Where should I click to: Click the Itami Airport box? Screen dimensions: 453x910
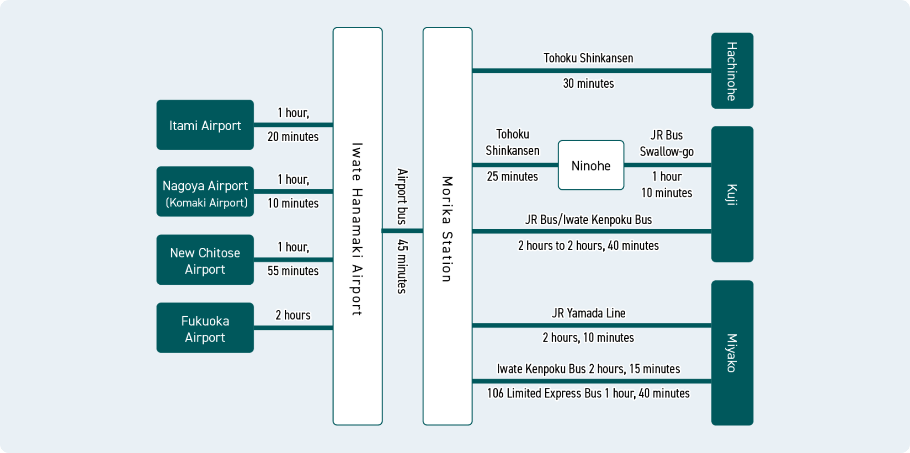tap(205, 125)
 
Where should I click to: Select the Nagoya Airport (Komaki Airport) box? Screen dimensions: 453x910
tap(205, 191)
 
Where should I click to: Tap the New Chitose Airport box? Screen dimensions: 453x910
tap(205, 260)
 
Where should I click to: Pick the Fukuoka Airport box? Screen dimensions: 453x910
tap(205, 328)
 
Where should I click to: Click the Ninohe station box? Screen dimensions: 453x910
tap(591, 166)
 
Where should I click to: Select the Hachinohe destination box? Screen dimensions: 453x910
tap(732, 71)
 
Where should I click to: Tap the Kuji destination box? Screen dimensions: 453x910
tap(732, 194)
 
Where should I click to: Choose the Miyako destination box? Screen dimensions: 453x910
tap(732, 353)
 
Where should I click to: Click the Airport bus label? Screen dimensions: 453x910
tap(402, 196)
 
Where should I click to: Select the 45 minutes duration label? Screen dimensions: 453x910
tap(402, 267)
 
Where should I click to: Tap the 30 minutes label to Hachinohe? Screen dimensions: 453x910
tap(588, 84)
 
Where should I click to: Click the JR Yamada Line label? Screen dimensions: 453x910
tap(588, 313)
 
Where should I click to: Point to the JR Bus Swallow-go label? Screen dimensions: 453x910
tap(667, 143)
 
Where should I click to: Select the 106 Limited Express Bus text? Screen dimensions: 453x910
tap(544, 393)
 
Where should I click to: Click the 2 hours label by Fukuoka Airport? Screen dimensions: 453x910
tap(293, 315)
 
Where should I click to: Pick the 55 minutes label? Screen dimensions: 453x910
tap(293, 271)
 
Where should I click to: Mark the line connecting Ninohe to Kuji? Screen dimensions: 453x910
tap(667, 165)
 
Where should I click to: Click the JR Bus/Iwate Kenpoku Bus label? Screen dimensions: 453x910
tap(588, 220)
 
